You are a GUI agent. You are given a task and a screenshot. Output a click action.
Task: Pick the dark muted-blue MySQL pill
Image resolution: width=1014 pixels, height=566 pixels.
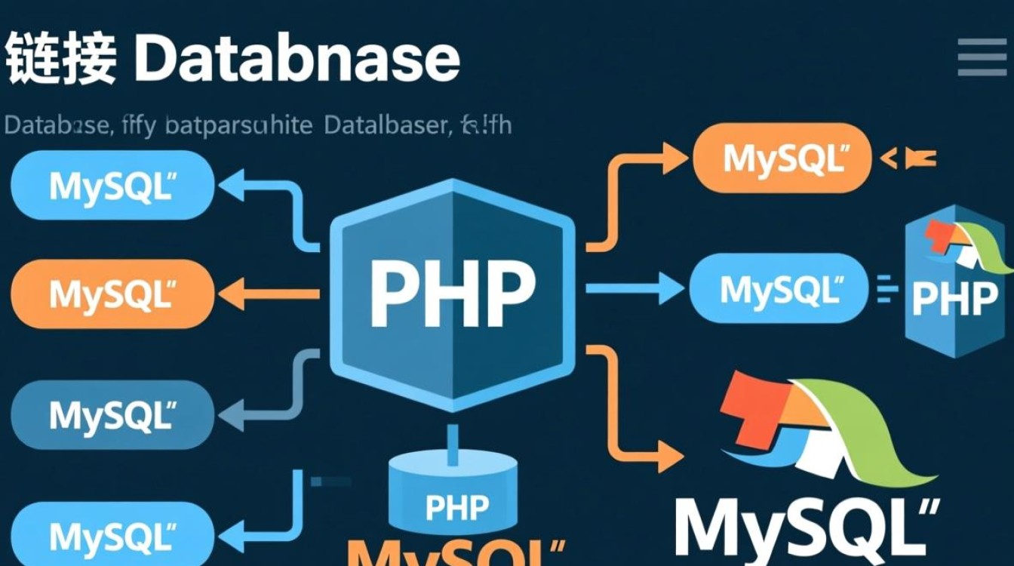(x=112, y=414)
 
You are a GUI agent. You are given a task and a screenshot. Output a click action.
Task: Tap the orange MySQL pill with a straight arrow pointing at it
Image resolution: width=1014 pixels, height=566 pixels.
(x=112, y=294)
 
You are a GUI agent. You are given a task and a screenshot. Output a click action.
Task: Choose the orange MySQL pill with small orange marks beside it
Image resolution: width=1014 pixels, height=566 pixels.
(x=782, y=158)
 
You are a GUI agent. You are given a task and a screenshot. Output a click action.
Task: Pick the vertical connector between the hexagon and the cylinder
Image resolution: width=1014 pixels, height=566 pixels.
(x=452, y=445)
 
